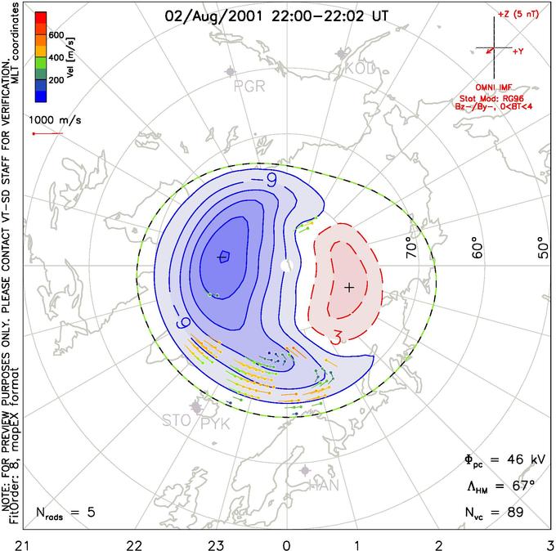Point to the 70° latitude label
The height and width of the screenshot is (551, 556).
(412, 248)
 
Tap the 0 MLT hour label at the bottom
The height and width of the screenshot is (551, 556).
(286, 543)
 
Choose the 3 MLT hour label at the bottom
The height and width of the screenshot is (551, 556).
(549, 543)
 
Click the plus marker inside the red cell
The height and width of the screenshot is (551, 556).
(349, 287)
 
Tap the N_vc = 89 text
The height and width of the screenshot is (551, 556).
(493, 513)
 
